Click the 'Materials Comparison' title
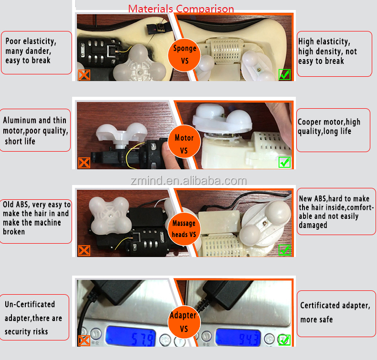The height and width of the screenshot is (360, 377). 181,9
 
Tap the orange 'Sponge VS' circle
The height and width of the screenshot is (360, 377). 184,54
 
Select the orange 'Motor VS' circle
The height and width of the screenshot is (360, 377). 184,144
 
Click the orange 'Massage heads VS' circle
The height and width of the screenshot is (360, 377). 184,228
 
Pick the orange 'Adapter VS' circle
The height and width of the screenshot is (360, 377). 183,322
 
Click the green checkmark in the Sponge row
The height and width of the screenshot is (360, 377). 284,74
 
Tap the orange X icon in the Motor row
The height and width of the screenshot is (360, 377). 84,163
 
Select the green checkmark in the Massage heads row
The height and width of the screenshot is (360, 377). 285,250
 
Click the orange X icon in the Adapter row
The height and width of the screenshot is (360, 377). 84,340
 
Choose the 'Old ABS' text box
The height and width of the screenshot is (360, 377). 36,218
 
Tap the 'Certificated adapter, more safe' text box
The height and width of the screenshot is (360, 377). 334,312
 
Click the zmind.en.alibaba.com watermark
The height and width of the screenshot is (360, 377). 189,181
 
